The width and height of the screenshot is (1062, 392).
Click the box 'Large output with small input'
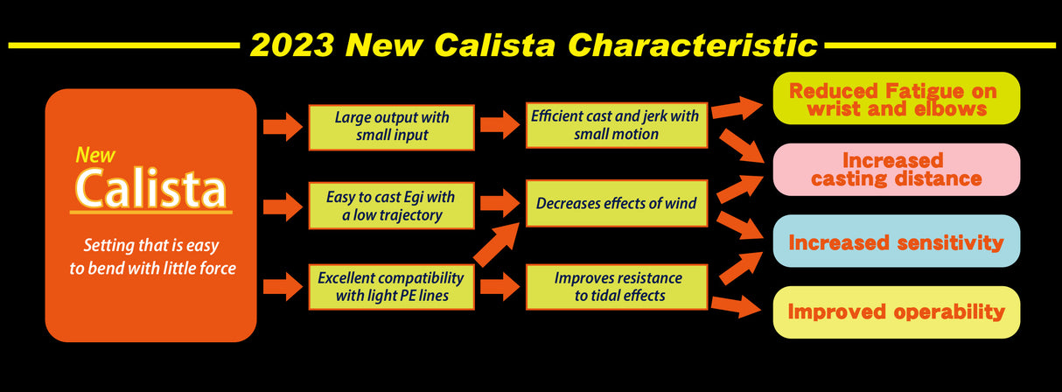click(391, 127)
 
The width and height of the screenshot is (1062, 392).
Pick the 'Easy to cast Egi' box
click(391, 206)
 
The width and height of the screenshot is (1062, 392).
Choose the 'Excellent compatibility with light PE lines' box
click(391, 287)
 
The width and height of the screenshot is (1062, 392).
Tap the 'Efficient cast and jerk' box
click(617, 125)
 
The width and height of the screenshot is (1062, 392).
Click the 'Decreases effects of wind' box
click(617, 204)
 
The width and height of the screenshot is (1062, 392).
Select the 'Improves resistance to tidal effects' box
click(617, 287)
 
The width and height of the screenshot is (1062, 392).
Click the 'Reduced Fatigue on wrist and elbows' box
click(897, 99)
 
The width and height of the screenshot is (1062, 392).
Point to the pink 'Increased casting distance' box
click(897, 170)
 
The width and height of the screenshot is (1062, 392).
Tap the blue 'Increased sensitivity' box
click(897, 241)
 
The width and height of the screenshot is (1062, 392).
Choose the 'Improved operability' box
click(897, 311)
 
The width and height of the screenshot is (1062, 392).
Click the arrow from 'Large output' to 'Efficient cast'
click(500, 125)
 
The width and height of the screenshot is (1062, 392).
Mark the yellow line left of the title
click(122, 44)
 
